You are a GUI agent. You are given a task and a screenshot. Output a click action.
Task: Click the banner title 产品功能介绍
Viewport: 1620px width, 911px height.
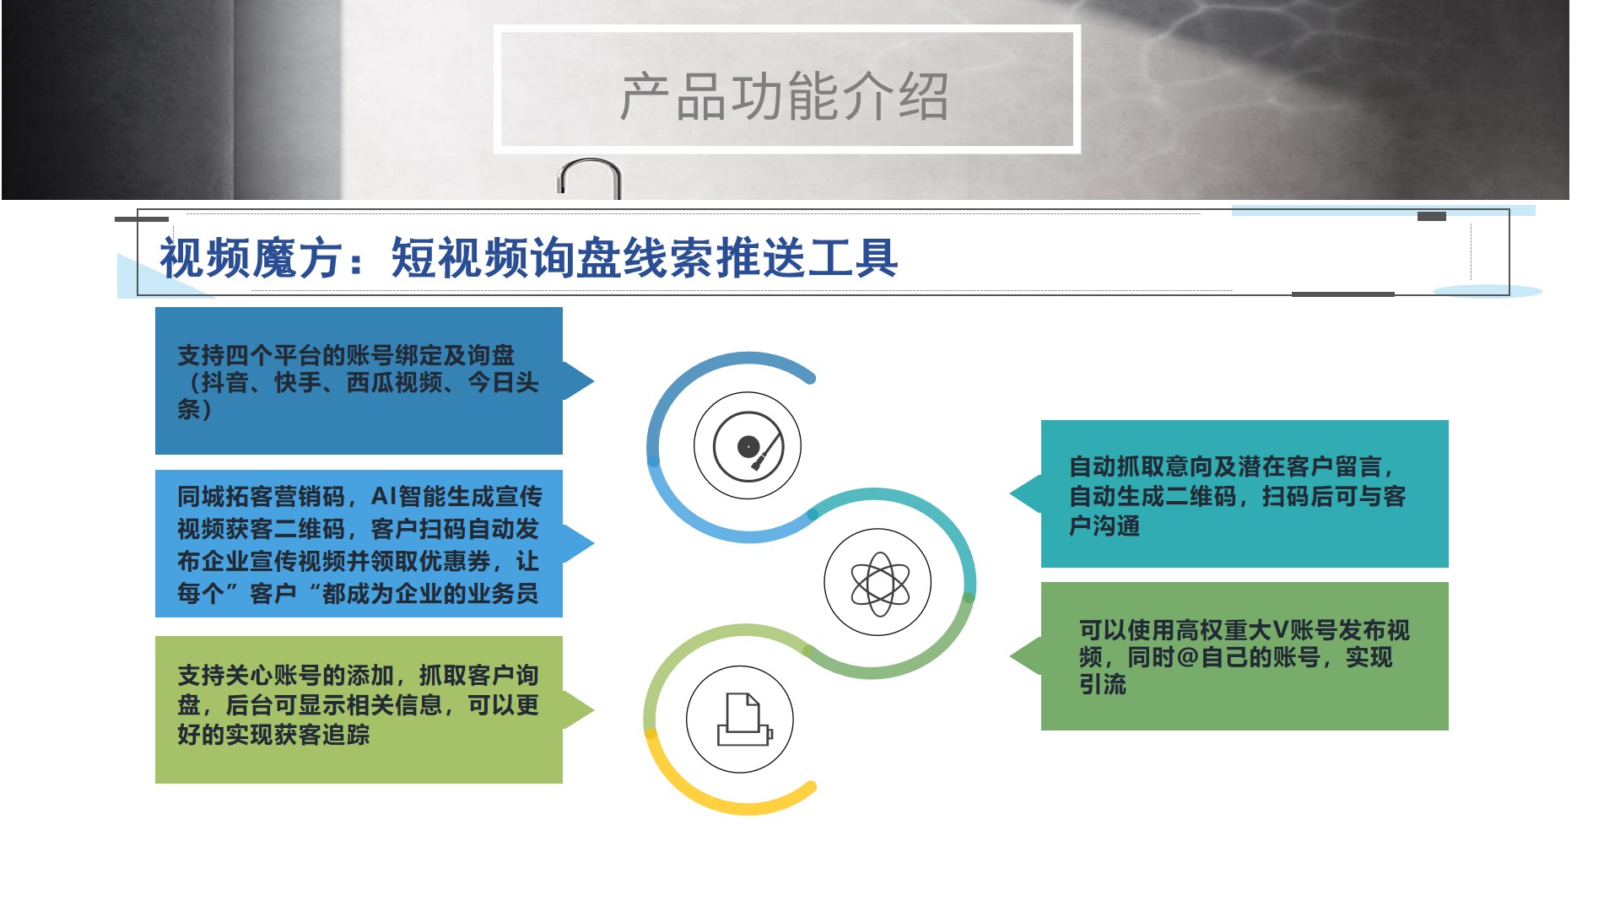pos(785,96)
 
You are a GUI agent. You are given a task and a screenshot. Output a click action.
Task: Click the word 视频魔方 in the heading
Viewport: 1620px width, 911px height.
pos(251,257)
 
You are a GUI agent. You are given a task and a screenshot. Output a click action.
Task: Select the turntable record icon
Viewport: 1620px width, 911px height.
pos(748,445)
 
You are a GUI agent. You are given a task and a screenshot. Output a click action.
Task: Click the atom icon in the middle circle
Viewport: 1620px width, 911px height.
pos(878,584)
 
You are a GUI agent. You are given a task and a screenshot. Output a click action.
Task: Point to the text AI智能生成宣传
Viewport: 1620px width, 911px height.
pos(456,497)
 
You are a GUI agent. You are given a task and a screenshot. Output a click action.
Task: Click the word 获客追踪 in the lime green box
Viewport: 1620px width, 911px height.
pos(321,735)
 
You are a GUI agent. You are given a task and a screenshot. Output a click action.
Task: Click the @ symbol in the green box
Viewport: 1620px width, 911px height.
pos(1187,657)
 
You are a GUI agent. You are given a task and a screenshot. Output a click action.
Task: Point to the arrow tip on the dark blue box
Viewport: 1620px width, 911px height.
pos(593,380)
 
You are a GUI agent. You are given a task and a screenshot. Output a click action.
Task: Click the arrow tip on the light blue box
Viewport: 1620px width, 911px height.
pos(593,544)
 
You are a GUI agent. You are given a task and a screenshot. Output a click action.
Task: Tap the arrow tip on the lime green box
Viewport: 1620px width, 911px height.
pos(593,710)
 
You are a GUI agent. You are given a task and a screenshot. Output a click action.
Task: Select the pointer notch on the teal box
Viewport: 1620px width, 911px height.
pos(1012,493)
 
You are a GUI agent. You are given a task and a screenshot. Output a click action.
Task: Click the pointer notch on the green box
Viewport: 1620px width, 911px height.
pos(1012,655)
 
